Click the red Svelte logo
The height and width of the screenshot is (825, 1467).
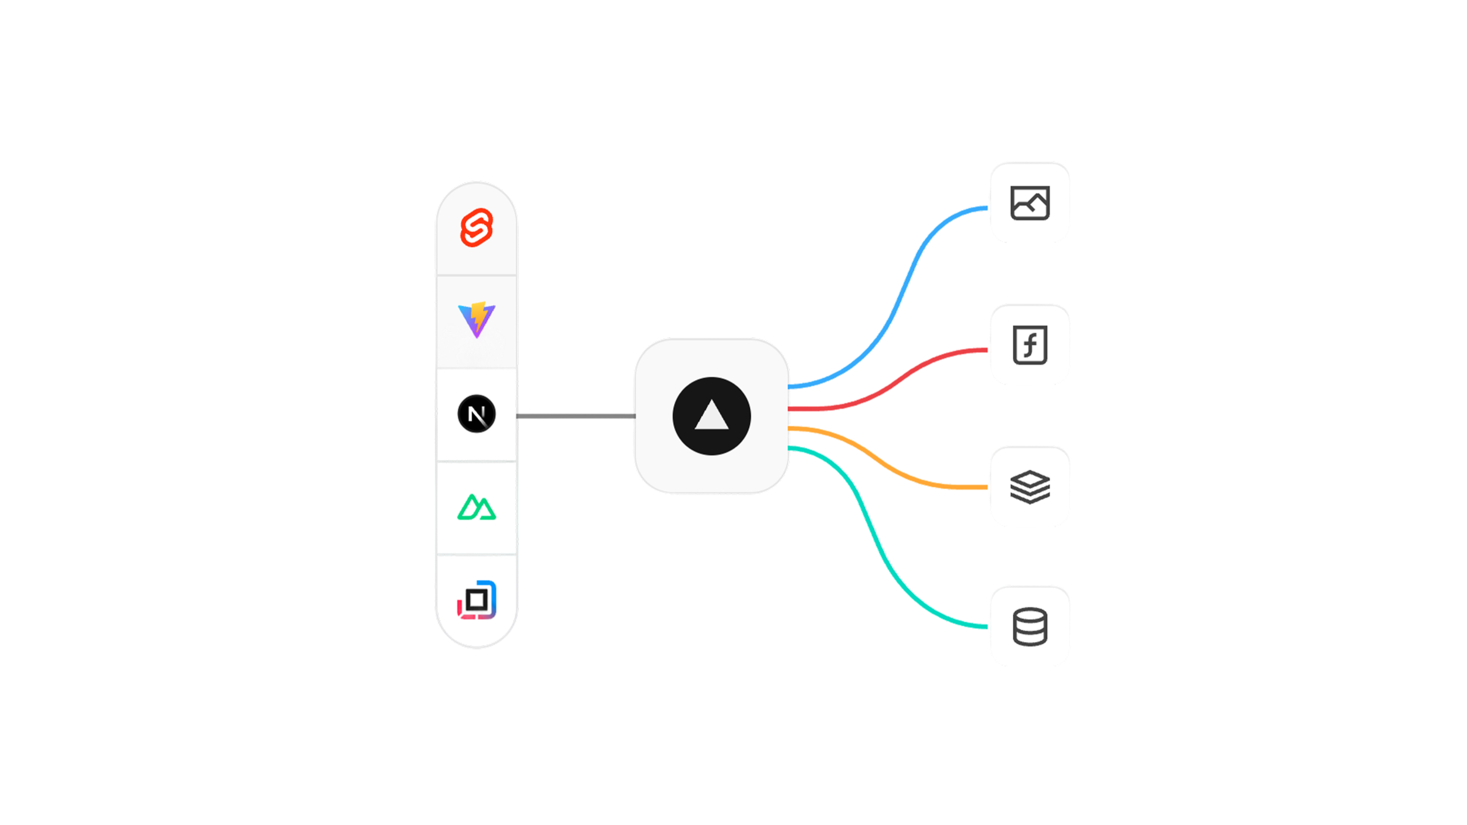click(x=477, y=228)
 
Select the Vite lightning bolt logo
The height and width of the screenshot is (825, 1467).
click(x=477, y=319)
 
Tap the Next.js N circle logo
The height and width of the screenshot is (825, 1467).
click(x=477, y=414)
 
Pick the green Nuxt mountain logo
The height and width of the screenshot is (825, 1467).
click(x=477, y=507)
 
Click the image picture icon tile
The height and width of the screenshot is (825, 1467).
click(x=1030, y=202)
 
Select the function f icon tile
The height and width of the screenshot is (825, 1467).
click(x=1030, y=345)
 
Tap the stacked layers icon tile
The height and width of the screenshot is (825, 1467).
click(x=1030, y=486)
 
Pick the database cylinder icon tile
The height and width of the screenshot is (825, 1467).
click(x=1030, y=626)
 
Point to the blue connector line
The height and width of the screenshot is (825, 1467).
click(x=906, y=285)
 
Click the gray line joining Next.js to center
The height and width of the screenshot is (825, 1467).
click(x=575, y=416)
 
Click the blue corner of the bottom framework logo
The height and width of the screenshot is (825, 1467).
click(x=493, y=592)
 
